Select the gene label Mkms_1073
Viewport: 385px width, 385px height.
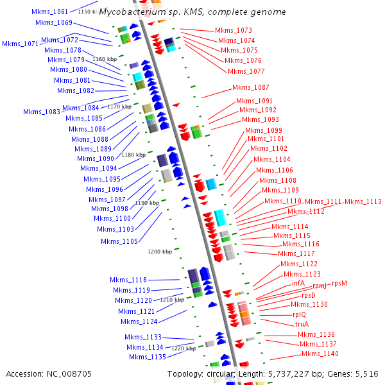click(x=233, y=30)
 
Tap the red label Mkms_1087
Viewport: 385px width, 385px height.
click(x=251, y=87)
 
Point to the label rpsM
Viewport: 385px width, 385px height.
click(x=339, y=283)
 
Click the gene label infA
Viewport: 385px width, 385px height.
click(x=298, y=283)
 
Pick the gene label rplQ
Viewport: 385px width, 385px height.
click(x=299, y=314)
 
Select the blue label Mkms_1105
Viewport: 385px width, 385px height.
click(x=119, y=241)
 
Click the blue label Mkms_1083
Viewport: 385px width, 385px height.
click(x=42, y=112)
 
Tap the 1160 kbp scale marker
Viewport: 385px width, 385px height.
click(x=103, y=59)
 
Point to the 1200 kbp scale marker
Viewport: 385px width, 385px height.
click(x=160, y=252)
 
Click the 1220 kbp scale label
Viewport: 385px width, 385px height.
click(x=184, y=348)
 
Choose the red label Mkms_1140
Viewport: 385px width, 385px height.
click(x=320, y=354)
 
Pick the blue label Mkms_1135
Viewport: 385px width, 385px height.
click(x=147, y=357)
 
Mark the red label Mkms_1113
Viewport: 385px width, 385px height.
click(x=363, y=201)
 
